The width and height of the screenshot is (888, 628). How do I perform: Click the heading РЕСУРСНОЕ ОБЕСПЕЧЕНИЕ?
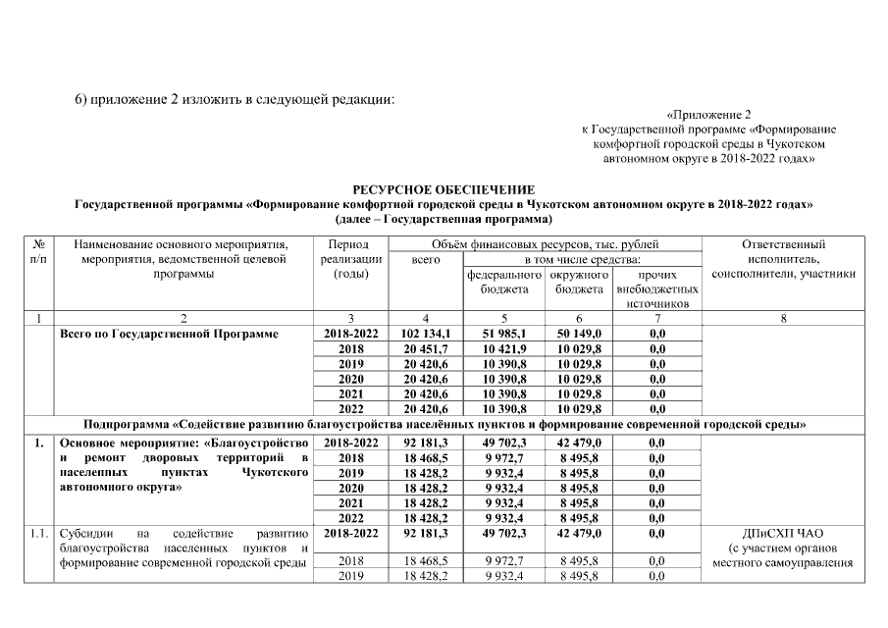(444, 188)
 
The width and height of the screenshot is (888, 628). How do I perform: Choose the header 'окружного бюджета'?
(578, 282)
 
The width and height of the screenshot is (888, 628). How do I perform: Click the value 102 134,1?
(425, 334)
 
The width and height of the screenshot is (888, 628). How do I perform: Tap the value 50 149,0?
(578, 334)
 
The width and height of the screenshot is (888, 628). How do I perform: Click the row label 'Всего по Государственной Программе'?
(169, 334)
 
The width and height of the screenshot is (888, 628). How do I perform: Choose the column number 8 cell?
(783, 318)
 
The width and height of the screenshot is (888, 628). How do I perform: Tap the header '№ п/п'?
(37, 251)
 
